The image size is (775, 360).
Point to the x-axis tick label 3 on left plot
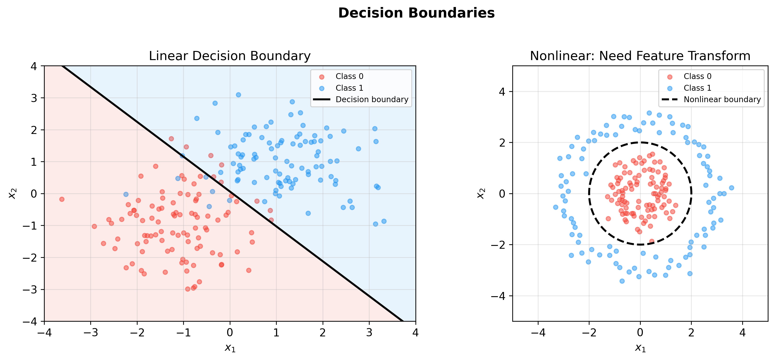[x=369, y=333]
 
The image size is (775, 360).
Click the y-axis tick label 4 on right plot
[x=502, y=91]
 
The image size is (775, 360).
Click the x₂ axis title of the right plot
[x=480, y=193]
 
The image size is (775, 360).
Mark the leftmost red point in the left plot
[x=62, y=199]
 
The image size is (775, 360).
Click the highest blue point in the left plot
[x=238, y=95]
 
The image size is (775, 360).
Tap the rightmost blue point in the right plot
[x=731, y=188]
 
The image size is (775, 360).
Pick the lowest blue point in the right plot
[x=622, y=281]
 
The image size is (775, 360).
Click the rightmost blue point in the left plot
[x=384, y=221]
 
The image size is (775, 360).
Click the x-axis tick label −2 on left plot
[x=137, y=333]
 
